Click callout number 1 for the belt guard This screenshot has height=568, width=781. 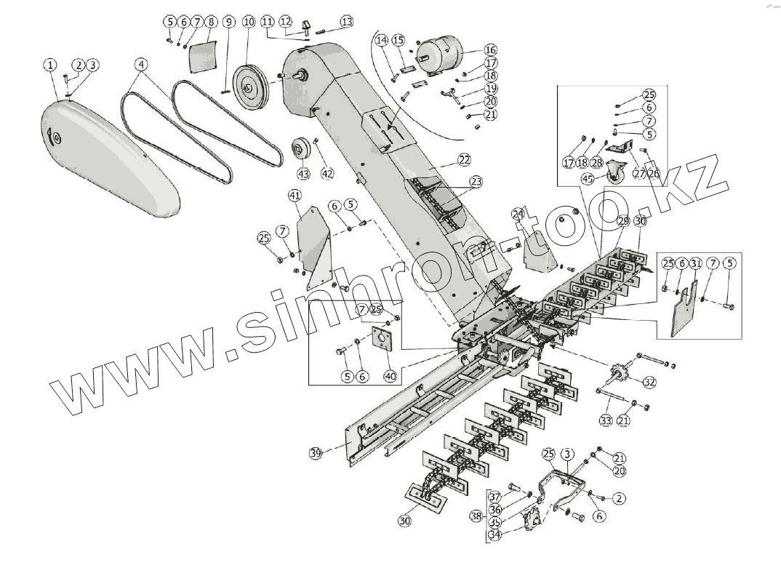pyautogui.click(x=49, y=65)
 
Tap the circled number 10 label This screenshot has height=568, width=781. pyautogui.click(x=249, y=23)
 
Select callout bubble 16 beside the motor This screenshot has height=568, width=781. pyautogui.click(x=490, y=49)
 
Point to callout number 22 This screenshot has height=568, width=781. pyautogui.click(x=464, y=159)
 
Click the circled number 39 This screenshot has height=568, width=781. pyautogui.click(x=316, y=453)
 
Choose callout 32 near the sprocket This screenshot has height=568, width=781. pyautogui.click(x=649, y=382)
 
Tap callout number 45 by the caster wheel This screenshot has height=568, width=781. pyautogui.click(x=588, y=178)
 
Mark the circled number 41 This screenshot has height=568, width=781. pyautogui.click(x=295, y=196)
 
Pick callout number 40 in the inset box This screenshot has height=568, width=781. pyautogui.click(x=390, y=376)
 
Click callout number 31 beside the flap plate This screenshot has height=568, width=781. pyautogui.click(x=695, y=263)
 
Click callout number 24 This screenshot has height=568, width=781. pyautogui.click(x=518, y=214)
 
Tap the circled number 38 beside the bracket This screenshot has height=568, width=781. pyautogui.click(x=476, y=516)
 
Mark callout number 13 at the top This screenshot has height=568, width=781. pyautogui.click(x=346, y=22)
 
